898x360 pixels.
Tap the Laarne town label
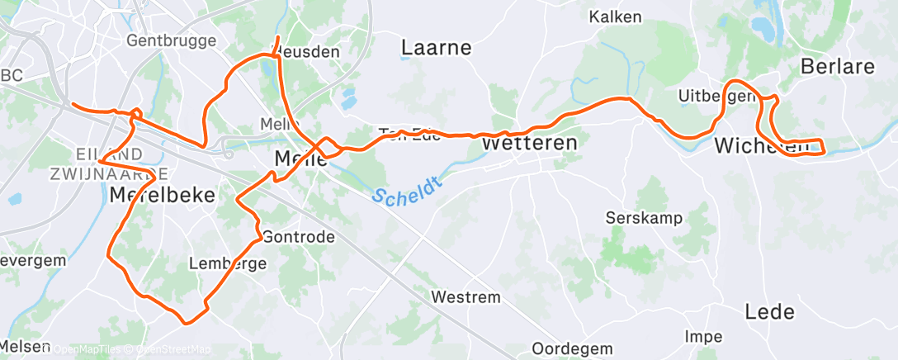click(x=436, y=48)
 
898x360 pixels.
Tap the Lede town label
click(x=769, y=311)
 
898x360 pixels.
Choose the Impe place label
click(x=703, y=337)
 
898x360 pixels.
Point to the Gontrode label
click(x=299, y=237)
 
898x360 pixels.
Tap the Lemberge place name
click(x=228, y=264)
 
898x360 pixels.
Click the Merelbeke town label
click(x=163, y=195)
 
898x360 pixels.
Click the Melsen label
click(x=25, y=347)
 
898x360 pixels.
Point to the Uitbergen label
click(x=715, y=97)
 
